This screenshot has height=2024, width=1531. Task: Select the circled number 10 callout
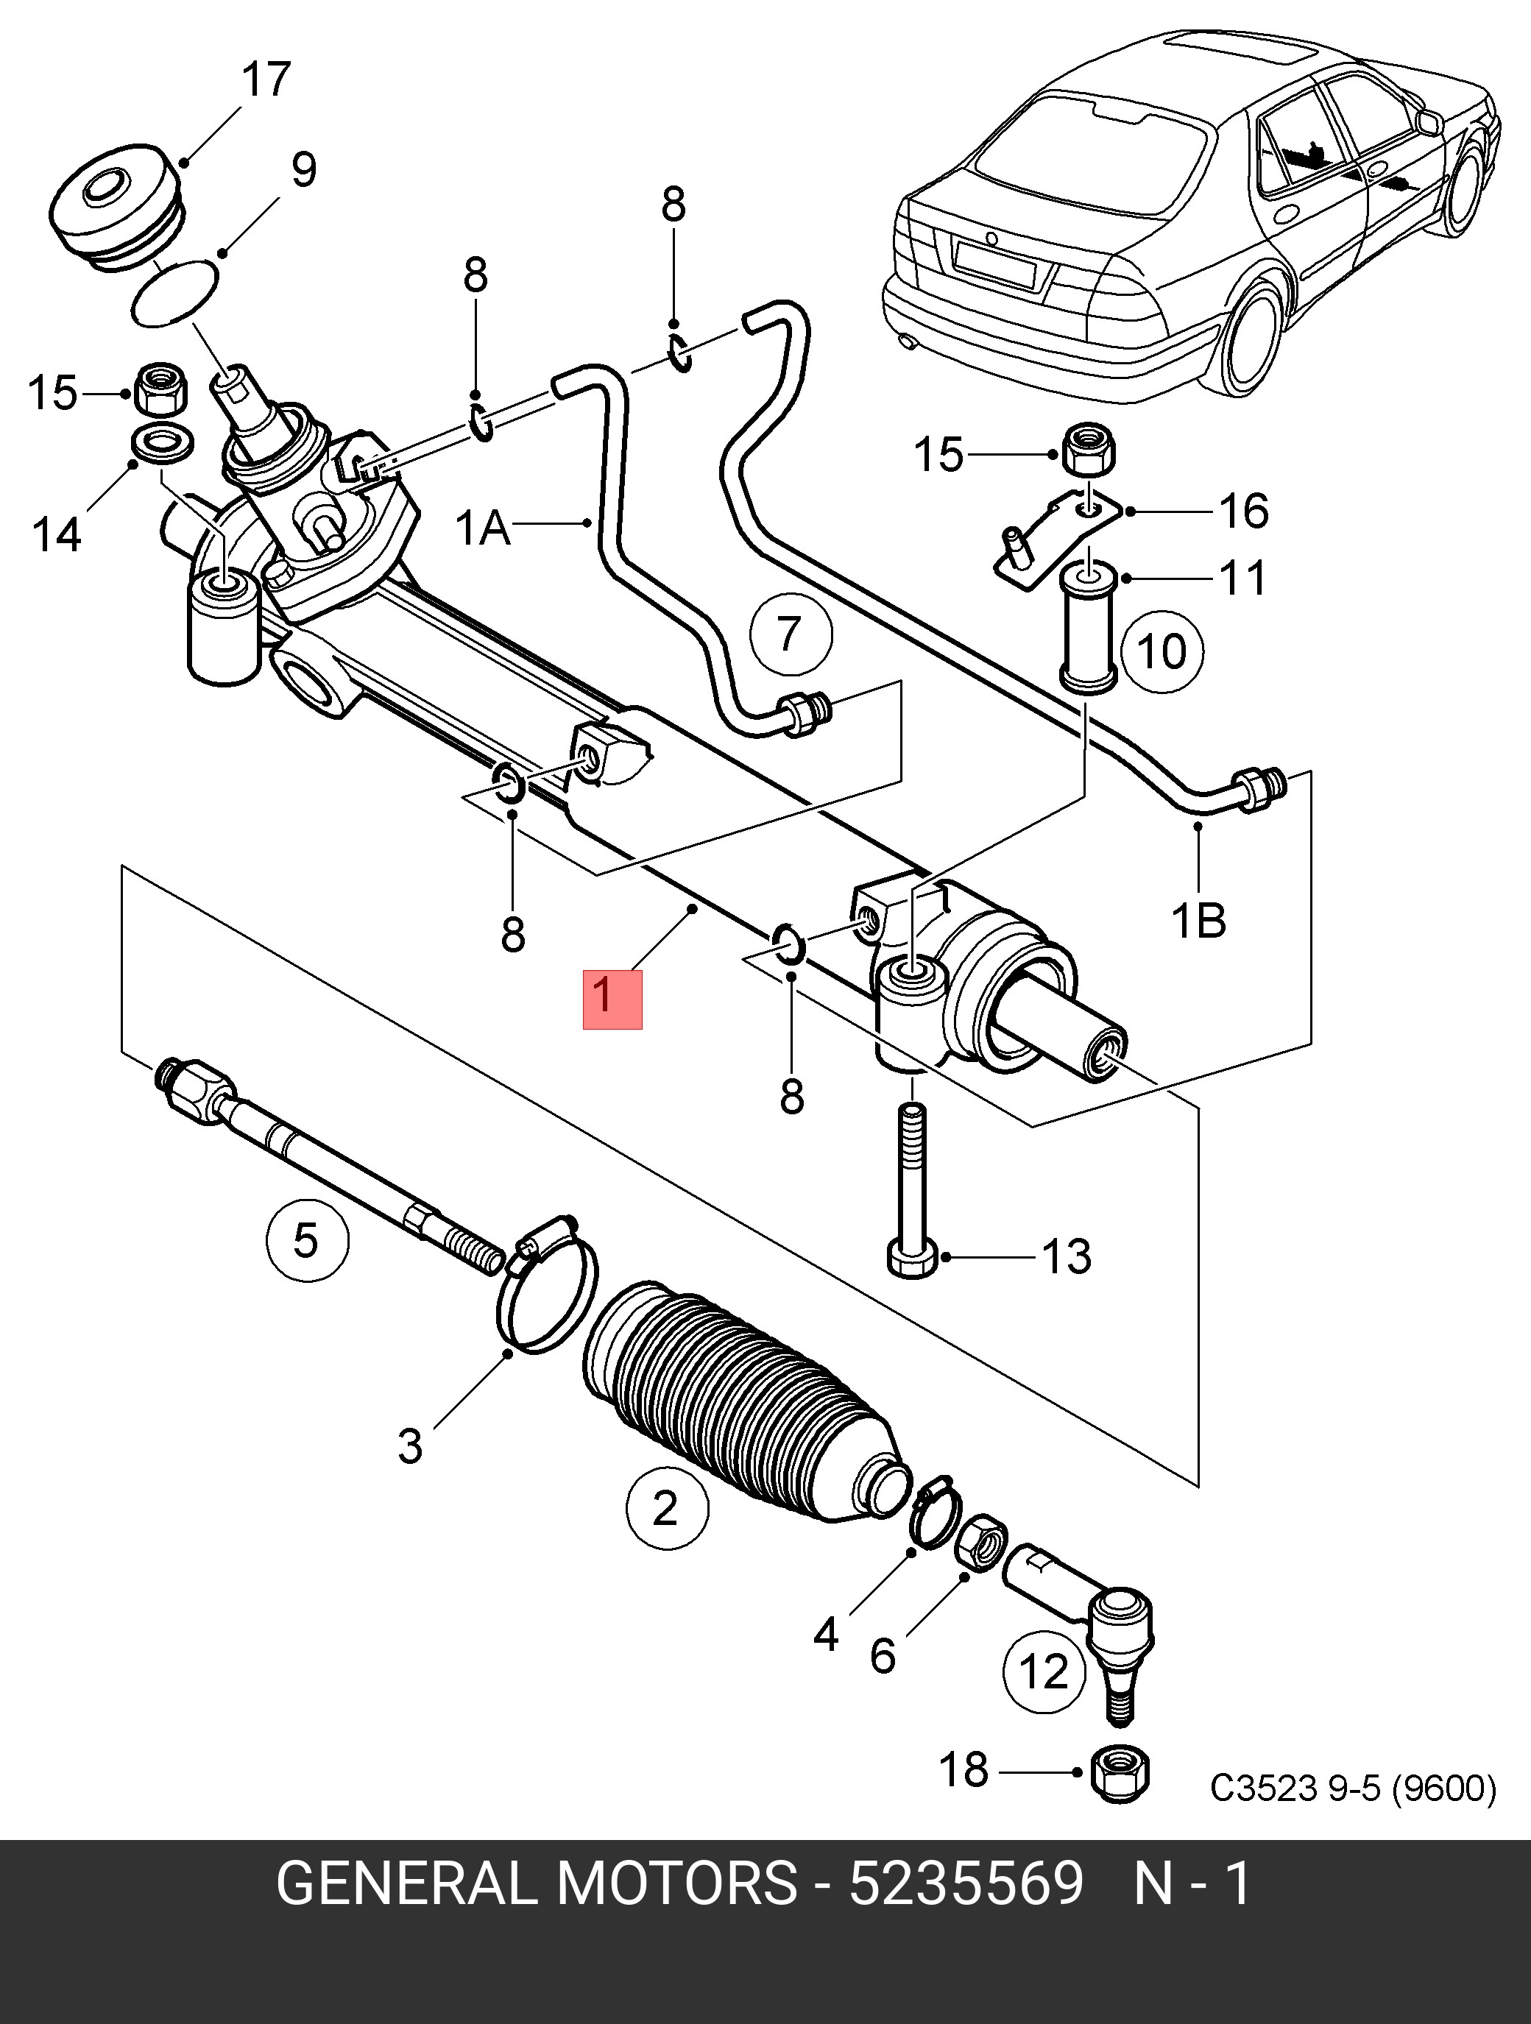pos(1161,652)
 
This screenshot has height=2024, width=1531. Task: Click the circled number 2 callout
pos(666,1507)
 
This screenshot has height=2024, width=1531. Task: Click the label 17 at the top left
pos(266,79)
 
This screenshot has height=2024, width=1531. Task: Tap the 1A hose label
pos(482,528)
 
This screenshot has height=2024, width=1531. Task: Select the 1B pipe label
pos(1199,921)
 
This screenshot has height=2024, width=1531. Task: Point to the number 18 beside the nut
pos(964,1769)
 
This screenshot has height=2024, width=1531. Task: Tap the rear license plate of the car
pos(994,261)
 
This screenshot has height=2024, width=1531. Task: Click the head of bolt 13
pos(913,1259)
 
